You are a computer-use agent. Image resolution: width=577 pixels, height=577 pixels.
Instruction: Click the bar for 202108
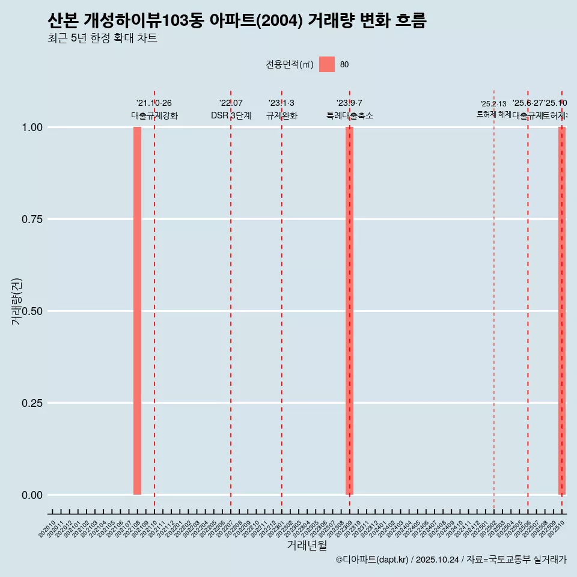click(137, 311)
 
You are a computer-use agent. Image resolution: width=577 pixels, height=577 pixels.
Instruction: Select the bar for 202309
click(349, 311)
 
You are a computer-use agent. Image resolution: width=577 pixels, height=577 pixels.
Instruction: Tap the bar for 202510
click(562, 311)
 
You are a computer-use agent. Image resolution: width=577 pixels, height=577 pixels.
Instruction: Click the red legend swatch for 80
click(326, 64)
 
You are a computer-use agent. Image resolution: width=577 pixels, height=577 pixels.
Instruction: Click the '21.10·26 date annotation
click(154, 103)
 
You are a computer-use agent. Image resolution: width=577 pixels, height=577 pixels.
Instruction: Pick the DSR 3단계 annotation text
click(231, 115)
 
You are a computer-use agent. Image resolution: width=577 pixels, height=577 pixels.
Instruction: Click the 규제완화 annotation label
click(282, 115)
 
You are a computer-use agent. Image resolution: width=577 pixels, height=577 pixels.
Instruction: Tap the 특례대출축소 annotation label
click(350, 115)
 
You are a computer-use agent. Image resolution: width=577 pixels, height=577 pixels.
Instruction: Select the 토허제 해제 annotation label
click(493, 114)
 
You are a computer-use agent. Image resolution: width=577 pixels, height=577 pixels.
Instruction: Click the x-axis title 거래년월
click(307, 546)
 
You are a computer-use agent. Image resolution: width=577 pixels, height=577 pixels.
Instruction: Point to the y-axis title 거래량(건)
click(16, 302)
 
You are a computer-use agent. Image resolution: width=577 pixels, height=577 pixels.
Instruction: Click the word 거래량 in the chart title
click(330, 22)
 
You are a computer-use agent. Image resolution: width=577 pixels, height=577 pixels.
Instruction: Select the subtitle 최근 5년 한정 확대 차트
click(102, 38)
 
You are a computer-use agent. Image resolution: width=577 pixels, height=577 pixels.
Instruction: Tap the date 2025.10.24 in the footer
click(437, 560)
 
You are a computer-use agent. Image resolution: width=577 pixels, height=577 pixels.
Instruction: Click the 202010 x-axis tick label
click(47, 529)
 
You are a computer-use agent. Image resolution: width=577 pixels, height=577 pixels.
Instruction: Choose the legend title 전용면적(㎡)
click(290, 65)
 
